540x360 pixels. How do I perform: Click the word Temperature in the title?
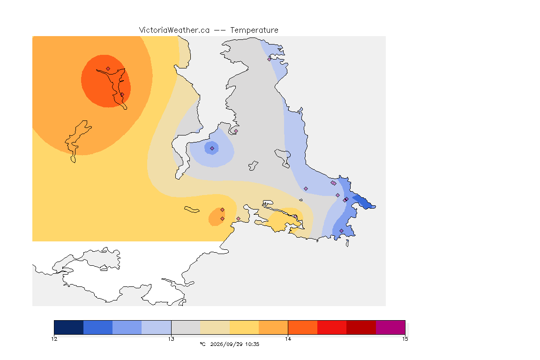pyautogui.click(x=254, y=30)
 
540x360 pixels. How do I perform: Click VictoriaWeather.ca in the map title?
pyautogui.click(x=174, y=30)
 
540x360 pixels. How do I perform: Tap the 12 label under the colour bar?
pyautogui.click(x=54, y=339)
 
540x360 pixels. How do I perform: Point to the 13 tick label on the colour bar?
pyautogui.click(x=171, y=339)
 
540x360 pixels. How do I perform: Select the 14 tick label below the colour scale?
pyautogui.click(x=288, y=339)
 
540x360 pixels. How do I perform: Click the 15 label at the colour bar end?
pyautogui.click(x=405, y=339)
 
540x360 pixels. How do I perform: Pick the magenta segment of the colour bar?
pyautogui.click(x=390, y=327)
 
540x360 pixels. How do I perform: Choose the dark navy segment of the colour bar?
pyautogui.click(x=69, y=327)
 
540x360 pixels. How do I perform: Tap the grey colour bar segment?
pyautogui.click(x=186, y=327)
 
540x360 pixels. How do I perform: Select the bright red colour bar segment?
pyautogui.click(x=332, y=327)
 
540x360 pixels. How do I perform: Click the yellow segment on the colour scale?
pyautogui.click(x=244, y=327)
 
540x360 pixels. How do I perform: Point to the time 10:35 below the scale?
pyautogui.click(x=252, y=344)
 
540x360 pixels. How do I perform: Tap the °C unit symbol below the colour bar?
pyautogui.click(x=202, y=344)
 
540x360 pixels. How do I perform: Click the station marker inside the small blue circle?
pyautogui.click(x=212, y=149)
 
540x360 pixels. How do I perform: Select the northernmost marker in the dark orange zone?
pyautogui.click(x=108, y=69)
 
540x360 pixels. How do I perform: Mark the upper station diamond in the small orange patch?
pyautogui.click(x=223, y=210)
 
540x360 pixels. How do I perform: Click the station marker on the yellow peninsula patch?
pyautogui.click(x=295, y=217)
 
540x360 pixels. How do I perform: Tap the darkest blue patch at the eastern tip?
pyautogui.click(x=364, y=202)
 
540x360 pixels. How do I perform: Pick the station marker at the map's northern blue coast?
pyautogui.click(x=270, y=59)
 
